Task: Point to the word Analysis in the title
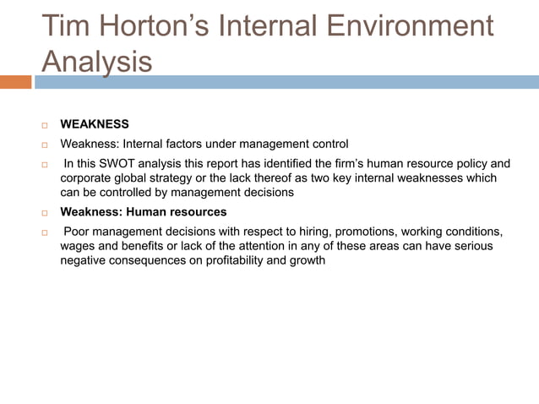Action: point(97,61)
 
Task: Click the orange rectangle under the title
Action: point(15,82)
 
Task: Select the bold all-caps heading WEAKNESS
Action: point(95,124)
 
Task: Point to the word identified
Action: point(283,163)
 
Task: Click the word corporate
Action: point(88,177)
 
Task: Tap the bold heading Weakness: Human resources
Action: point(144,212)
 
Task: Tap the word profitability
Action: point(238,260)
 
